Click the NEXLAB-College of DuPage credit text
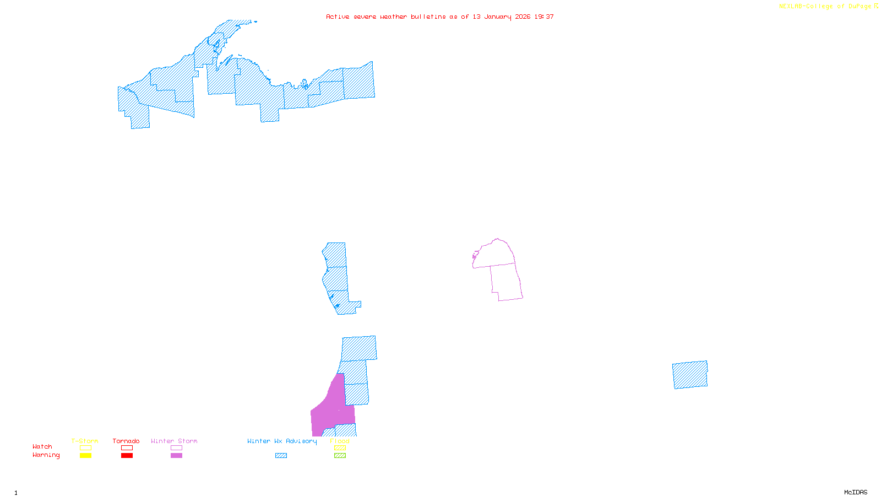click(828, 7)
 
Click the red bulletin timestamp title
click(439, 17)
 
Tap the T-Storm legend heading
click(85, 441)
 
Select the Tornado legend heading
click(126, 441)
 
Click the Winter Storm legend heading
click(174, 441)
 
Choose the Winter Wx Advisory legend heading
click(282, 441)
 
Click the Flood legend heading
click(340, 441)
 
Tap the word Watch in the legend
click(42, 447)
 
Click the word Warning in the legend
click(46, 455)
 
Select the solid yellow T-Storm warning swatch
click(85, 456)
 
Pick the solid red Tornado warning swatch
click(127, 456)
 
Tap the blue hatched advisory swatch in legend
click(281, 456)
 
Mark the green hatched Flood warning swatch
click(340, 456)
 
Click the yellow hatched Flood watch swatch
click(340, 448)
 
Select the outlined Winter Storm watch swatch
click(176, 448)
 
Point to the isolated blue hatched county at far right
click(690, 375)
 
